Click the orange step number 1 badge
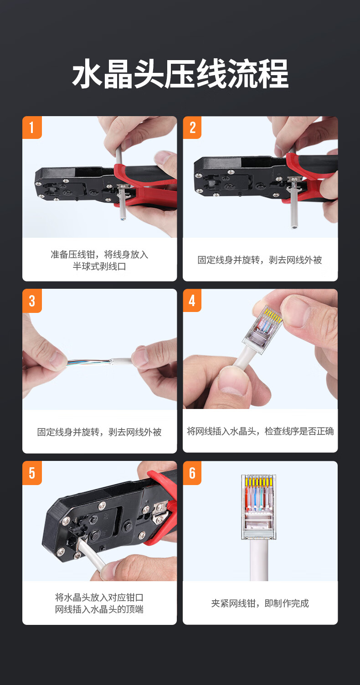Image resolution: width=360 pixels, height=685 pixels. [32, 127]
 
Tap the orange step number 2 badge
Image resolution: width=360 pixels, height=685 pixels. [192, 127]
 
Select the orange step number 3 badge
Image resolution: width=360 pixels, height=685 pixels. [32, 301]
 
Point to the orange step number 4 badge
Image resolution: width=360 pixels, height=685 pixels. [192, 300]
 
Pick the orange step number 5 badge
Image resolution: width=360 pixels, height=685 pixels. [32, 473]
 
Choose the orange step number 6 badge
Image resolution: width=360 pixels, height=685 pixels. [192, 473]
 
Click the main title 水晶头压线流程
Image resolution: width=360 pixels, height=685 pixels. [180, 74]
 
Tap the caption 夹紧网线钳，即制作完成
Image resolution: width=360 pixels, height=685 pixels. [260, 603]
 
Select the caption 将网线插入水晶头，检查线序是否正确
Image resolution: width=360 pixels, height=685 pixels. [260, 431]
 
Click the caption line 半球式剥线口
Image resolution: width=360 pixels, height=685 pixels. [99, 266]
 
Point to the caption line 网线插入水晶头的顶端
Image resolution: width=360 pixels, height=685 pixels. [99, 609]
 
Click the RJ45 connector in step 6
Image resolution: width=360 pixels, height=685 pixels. [259, 507]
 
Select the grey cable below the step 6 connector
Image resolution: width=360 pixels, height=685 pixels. [259, 560]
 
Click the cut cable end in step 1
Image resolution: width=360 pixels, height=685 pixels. [123, 218]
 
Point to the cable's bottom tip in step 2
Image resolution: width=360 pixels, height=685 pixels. [294, 227]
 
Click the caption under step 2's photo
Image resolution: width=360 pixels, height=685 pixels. [260, 260]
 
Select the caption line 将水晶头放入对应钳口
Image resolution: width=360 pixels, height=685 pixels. [99, 597]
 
